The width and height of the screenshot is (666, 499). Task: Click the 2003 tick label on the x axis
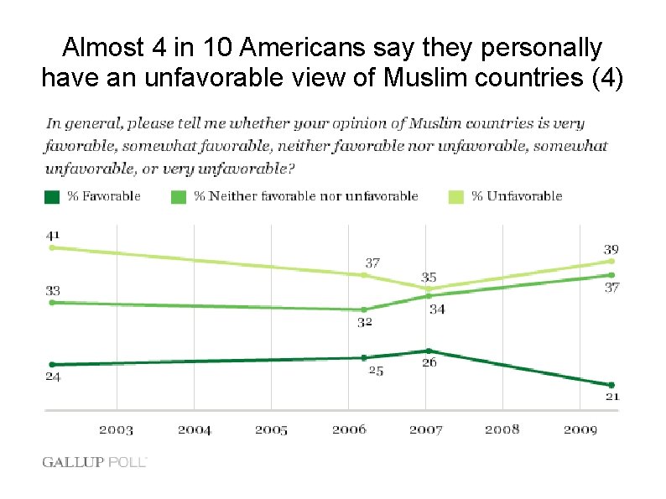tap(116, 430)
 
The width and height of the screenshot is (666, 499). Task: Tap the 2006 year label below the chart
tap(349, 430)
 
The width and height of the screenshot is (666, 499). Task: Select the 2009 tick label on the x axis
tap(580, 430)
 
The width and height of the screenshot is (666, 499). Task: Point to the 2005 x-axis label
tap(271, 430)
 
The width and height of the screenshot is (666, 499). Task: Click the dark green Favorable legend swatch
tap(52, 196)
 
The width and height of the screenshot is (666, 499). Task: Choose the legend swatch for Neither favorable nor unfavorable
tap(179, 196)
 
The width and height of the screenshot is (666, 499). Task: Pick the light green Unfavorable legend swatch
tap(455, 196)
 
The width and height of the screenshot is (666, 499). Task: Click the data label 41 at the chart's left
tap(53, 235)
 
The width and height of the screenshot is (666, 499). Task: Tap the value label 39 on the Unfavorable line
tap(611, 249)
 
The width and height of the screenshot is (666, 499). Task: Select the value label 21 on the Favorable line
tap(612, 397)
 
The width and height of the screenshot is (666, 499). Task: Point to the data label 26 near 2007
tap(429, 363)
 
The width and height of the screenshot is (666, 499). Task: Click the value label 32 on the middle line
tap(365, 322)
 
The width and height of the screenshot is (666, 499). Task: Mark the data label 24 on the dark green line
tap(53, 377)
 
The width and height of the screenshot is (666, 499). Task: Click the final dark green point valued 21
tap(611, 385)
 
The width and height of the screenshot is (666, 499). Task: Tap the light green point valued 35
tap(428, 288)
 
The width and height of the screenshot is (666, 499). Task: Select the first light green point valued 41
tap(52, 247)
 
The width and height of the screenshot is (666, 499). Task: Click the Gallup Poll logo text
tap(95, 462)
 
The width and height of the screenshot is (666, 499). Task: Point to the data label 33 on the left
tap(53, 291)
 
